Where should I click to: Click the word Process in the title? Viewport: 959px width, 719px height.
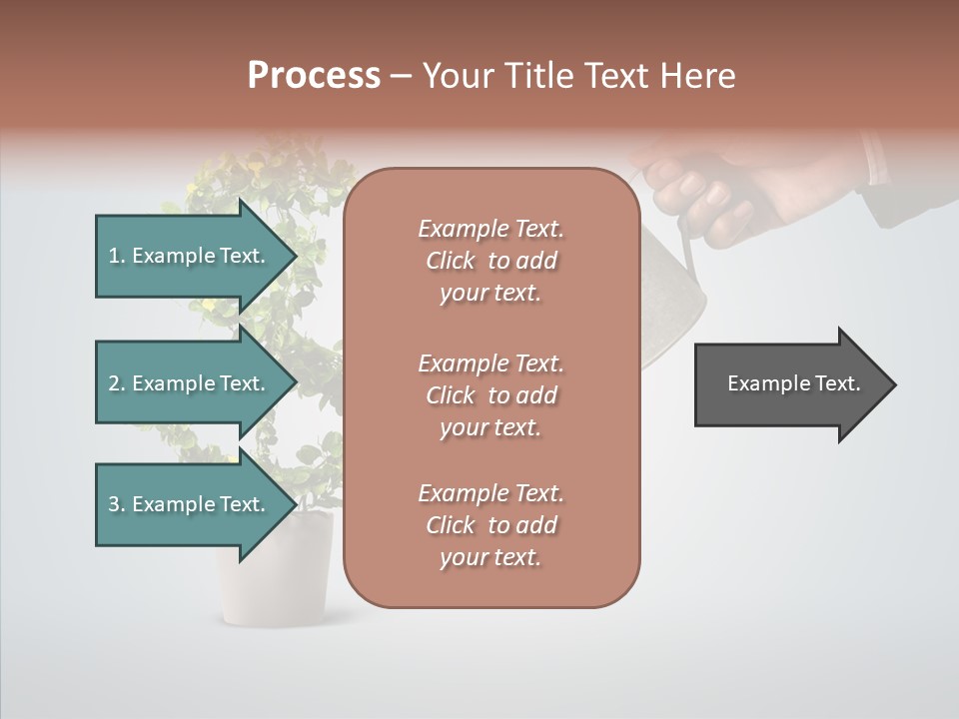coord(314,76)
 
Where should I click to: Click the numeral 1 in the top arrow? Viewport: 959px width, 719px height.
coord(114,256)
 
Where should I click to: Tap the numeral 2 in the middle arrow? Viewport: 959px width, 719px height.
coord(114,383)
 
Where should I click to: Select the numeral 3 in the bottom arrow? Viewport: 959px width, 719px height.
coord(114,504)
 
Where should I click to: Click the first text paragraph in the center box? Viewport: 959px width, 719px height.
coord(490,261)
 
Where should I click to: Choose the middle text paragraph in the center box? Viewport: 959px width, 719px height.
coord(490,395)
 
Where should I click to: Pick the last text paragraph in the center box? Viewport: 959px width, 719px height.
coord(490,525)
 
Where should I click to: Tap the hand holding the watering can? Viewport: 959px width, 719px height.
coord(709,190)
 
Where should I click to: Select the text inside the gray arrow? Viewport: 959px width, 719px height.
coord(794,383)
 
